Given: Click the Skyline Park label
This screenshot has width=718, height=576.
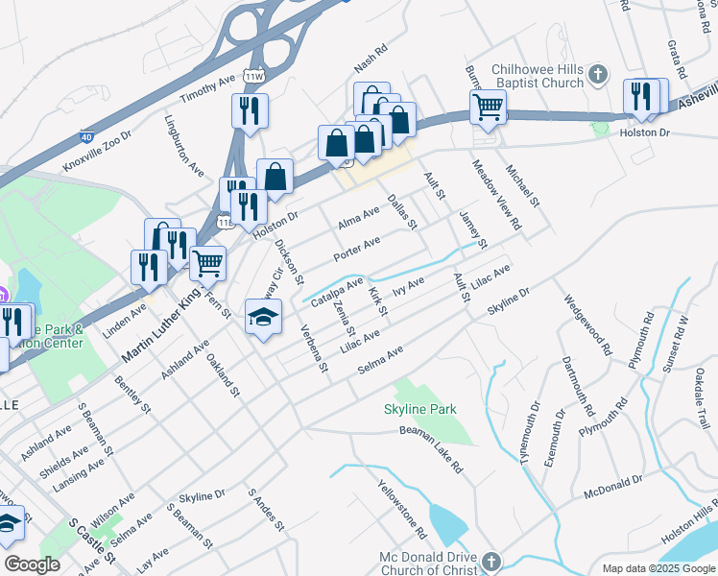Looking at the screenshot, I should [419, 409].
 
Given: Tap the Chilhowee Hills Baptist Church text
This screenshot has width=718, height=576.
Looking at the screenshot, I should [537, 76].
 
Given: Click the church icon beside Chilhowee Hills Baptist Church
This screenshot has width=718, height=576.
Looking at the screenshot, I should [597, 75].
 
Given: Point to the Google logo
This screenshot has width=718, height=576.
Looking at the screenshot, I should [32, 564].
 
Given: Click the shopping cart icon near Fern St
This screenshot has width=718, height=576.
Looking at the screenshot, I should [207, 262].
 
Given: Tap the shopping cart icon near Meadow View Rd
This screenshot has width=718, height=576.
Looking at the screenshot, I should [488, 107].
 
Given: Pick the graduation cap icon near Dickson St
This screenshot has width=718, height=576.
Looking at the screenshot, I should [263, 317].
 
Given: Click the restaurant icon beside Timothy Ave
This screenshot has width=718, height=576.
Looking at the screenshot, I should [250, 109].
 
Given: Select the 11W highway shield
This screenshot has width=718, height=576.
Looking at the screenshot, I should [253, 76].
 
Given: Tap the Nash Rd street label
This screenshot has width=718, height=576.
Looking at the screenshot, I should [370, 60].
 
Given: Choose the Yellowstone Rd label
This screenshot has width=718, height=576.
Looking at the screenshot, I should [401, 509].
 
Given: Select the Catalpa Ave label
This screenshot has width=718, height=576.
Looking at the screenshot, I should [337, 291].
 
